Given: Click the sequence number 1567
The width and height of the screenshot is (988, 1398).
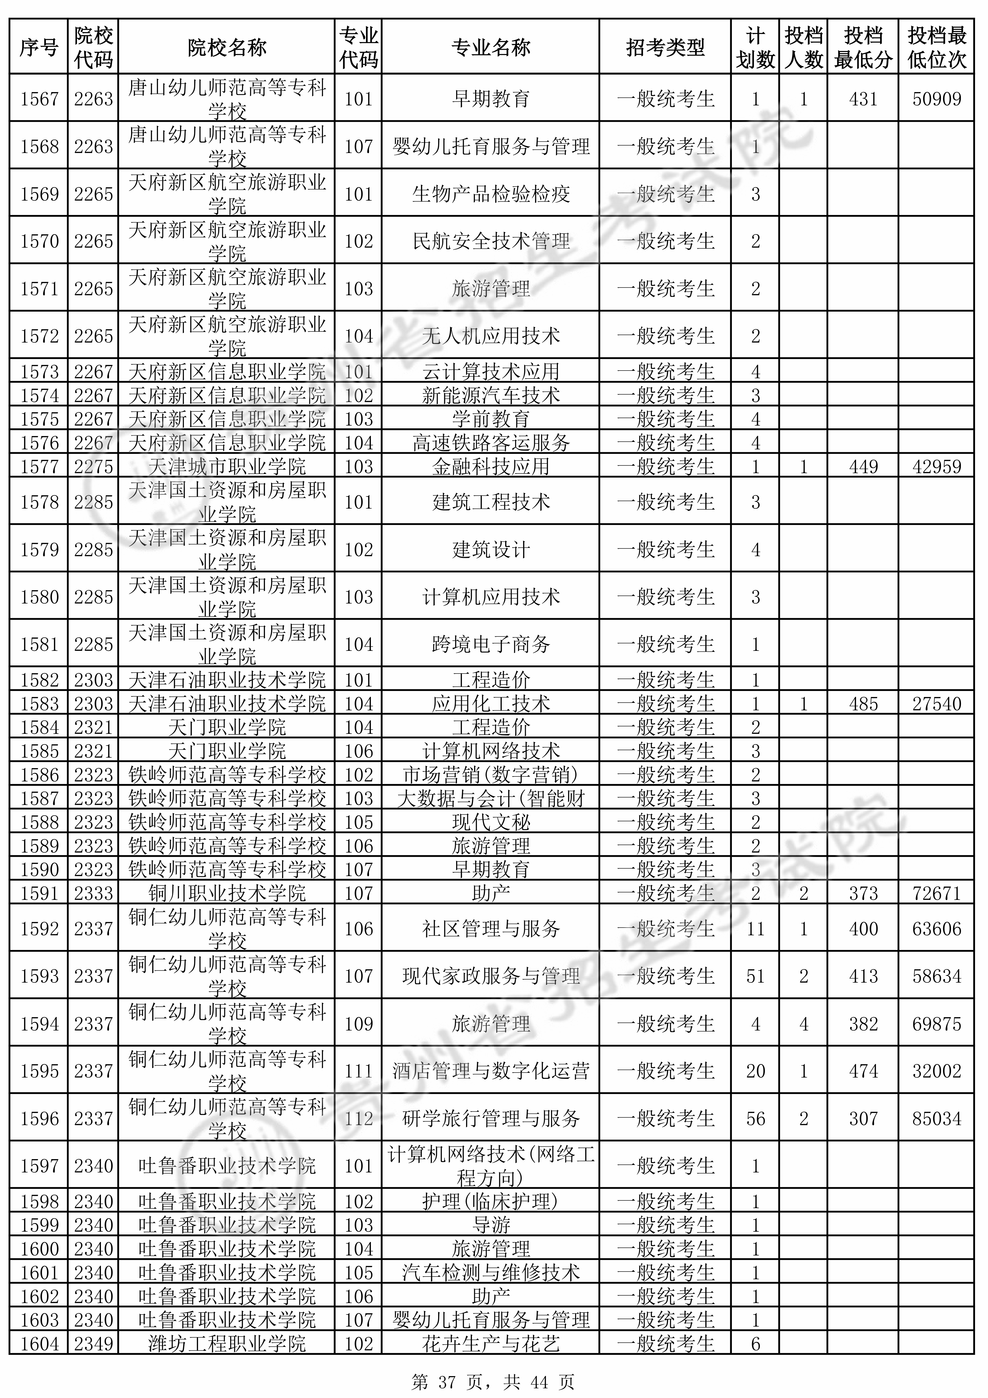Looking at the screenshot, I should [39, 99].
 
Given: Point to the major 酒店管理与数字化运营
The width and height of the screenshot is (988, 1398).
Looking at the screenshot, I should [491, 1071].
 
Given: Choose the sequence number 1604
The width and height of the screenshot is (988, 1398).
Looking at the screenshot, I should [39, 1344].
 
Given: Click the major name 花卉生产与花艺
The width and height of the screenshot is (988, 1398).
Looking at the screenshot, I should [491, 1344].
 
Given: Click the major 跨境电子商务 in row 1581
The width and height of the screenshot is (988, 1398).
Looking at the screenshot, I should [491, 644].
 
